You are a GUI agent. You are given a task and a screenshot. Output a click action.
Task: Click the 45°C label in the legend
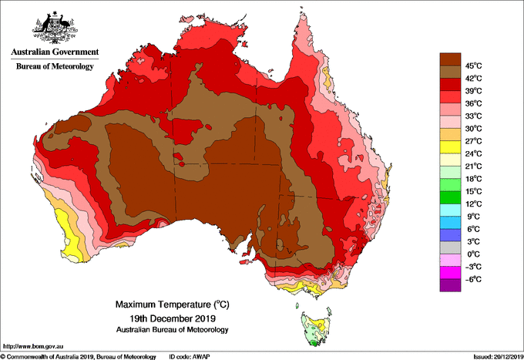[472, 66]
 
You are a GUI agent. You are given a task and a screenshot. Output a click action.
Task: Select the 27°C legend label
[472, 141]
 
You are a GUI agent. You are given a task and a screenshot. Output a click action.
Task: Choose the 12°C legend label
[472, 204]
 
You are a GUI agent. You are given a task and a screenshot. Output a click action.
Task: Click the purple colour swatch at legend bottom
[449, 285]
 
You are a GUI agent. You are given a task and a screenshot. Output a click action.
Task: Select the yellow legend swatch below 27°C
[449, 147]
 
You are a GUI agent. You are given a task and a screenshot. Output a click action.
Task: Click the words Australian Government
[55, 52]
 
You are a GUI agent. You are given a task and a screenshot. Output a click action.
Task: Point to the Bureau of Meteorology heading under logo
[55, 67]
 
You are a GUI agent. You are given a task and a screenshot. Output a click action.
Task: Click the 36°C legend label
[472, 103]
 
